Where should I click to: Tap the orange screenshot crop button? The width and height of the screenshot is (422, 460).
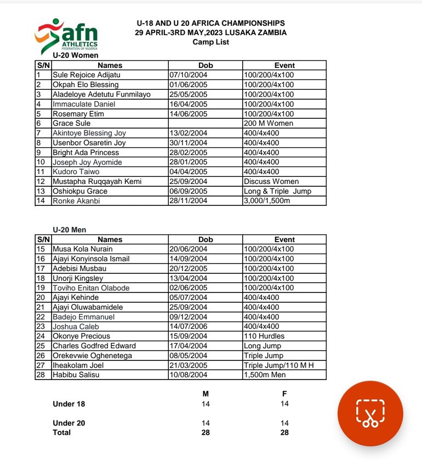point(370,413)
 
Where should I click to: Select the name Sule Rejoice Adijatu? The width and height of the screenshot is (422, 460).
point(86,75)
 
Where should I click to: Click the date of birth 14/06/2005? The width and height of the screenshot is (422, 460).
point(188,114)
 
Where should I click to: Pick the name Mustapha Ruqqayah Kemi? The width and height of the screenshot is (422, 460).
point(97,182)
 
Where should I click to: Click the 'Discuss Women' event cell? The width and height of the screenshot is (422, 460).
point(271,182)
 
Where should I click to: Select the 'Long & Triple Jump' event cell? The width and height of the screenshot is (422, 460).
point(277,191)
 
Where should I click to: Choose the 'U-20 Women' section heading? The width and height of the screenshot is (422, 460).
point(76,55)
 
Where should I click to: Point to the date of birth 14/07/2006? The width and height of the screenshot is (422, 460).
point(188,326)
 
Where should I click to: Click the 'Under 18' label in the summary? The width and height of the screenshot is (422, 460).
point(69,404)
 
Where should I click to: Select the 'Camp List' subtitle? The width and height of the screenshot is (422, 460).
point(210,42)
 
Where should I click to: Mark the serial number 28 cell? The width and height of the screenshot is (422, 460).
point(40,375)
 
